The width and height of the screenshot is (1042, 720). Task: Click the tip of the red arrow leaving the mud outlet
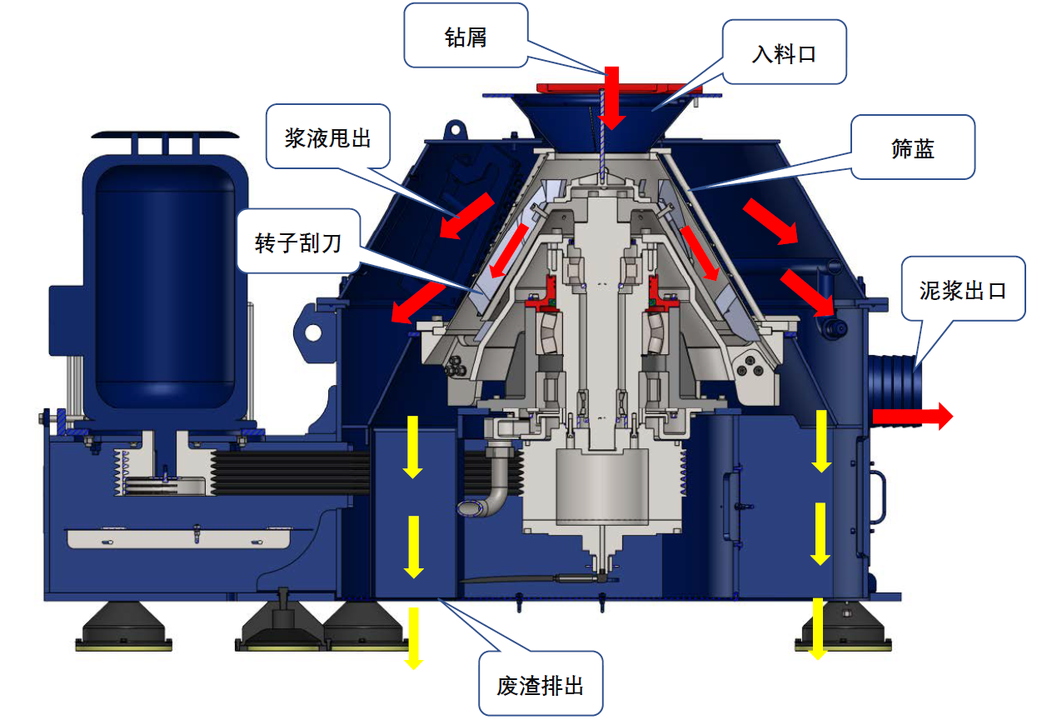click(953, 416)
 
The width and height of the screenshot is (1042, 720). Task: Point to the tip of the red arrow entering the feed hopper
click(611, 130)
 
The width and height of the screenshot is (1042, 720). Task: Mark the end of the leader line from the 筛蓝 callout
click(688, 191)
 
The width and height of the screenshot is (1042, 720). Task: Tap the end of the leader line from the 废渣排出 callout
click(438, 599)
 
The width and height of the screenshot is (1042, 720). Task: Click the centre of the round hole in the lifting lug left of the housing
click(312, 333)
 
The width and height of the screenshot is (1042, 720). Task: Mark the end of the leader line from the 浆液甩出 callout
click(458, 217)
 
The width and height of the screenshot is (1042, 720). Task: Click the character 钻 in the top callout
click(455, 37)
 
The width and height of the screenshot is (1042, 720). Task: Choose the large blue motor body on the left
click(165, 286)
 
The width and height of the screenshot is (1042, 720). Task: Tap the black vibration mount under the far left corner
click(124, 626)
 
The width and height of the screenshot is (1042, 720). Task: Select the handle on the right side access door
click(877, 497)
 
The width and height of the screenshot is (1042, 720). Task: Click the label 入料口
click(784, 54)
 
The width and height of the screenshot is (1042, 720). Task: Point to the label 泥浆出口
click(963, 291)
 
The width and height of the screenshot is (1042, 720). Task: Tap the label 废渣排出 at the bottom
click(540, 686)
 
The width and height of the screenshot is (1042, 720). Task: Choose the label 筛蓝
click(913, 149)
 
